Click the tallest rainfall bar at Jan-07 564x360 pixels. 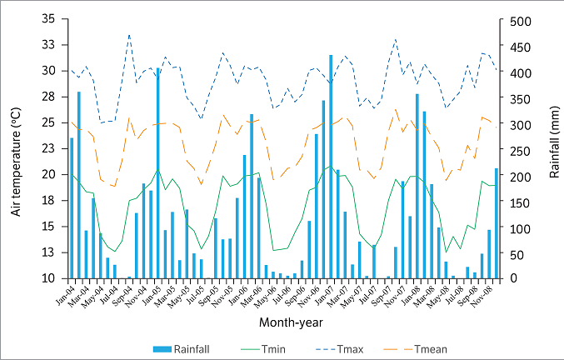tap(331, 167)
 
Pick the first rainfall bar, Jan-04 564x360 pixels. tap(72, 208)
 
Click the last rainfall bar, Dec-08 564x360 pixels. tap(497, 223)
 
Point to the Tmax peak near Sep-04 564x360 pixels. tap(129, 35)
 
